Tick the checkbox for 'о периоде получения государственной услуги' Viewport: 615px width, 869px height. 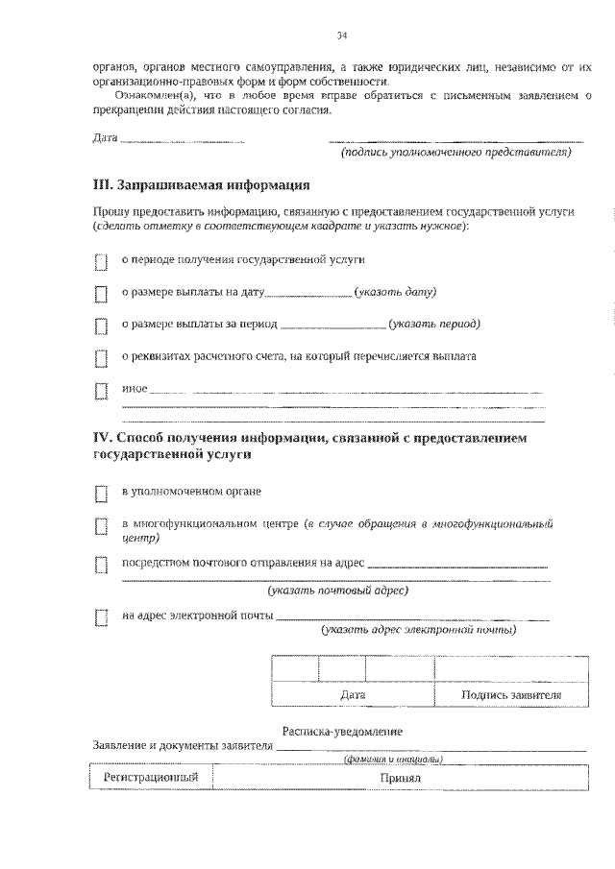101,261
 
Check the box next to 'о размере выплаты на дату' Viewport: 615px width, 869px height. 101,294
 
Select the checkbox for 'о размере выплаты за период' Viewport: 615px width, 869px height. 101,326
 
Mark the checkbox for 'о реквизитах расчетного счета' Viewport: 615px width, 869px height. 101,359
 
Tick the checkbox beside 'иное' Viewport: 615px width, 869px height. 101,392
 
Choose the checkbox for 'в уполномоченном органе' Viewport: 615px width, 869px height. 101,494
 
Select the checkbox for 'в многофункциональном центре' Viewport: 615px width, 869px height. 101,526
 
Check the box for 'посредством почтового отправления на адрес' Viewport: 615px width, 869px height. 101,565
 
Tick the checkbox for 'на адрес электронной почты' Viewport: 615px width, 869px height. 101,617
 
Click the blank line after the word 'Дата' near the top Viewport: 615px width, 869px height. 183,140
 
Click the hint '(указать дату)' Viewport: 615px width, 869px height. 395,291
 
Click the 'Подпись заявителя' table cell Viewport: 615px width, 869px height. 510,695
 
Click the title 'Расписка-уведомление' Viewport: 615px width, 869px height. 342,732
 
